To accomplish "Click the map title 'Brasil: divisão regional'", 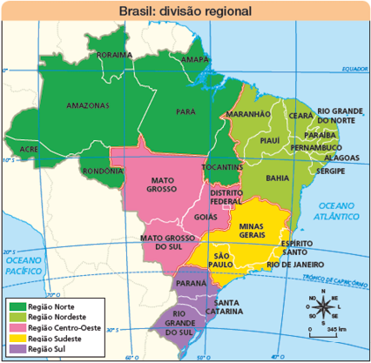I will [x=185, y=12].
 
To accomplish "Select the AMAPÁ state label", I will [x=196, y=59].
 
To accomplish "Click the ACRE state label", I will [x=29, y=149].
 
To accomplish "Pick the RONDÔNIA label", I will [x=103, y=171].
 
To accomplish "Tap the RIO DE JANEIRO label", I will [x=295, y=263].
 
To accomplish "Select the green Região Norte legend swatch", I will [x=17, y=306].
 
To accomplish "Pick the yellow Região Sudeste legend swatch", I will [x=17, y=338].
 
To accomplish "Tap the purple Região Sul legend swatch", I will [x=17, y=348].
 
